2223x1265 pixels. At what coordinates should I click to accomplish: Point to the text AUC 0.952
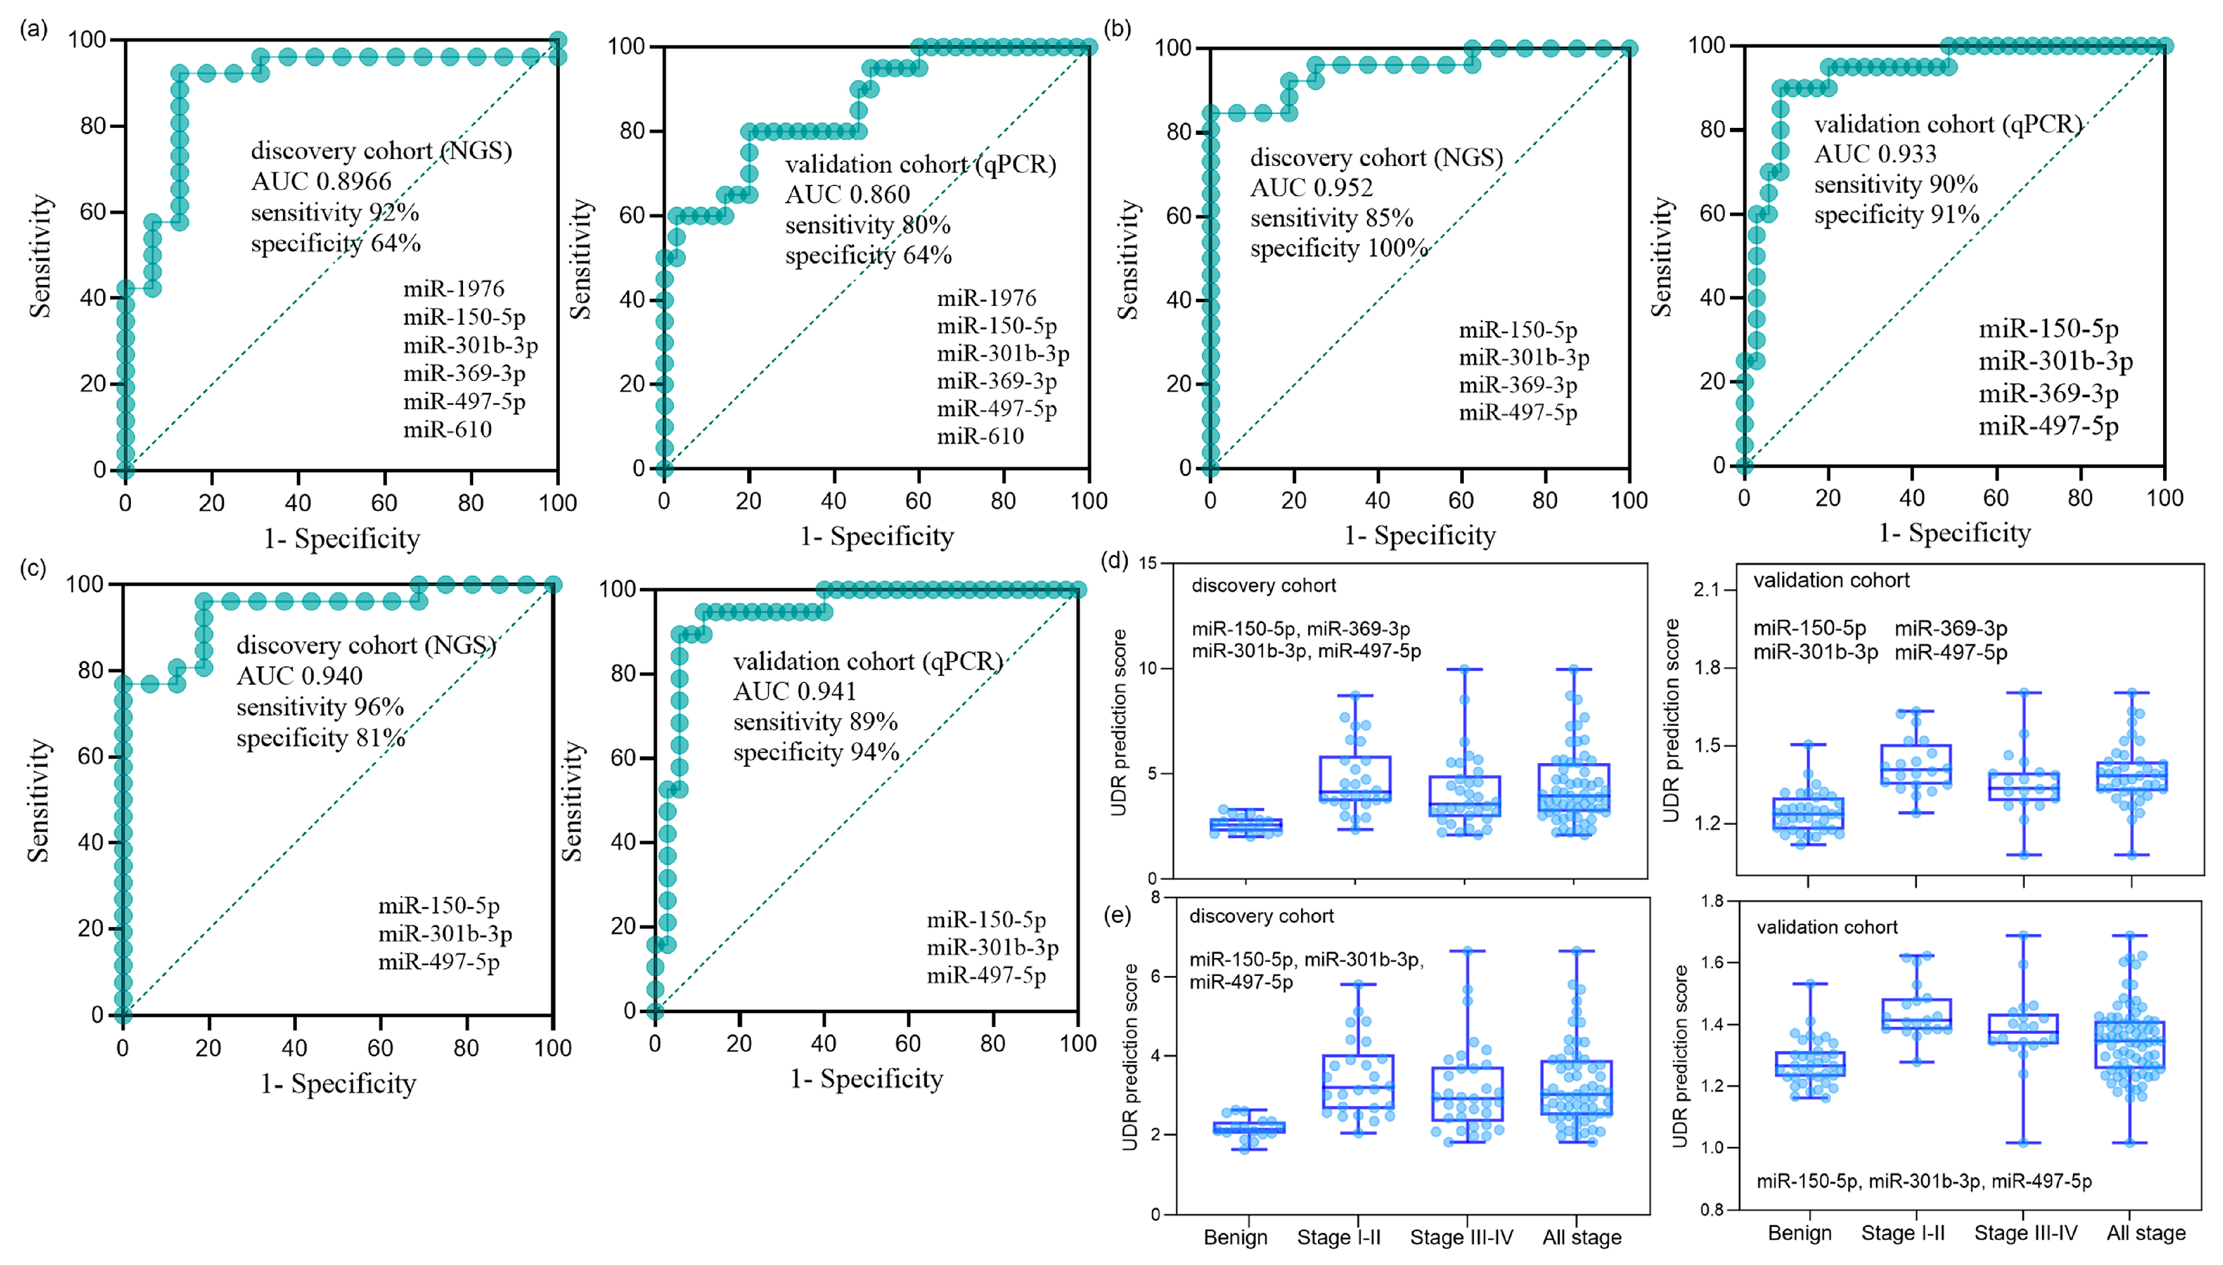[x=1311, y=188]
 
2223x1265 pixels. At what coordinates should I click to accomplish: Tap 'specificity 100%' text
[x=1338, y=249]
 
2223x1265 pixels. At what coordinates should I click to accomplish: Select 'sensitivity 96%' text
[x=320, y=707]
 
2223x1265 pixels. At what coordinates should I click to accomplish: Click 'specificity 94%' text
[x=816, y=752]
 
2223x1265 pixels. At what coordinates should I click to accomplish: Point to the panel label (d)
[x=1114, y=560]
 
